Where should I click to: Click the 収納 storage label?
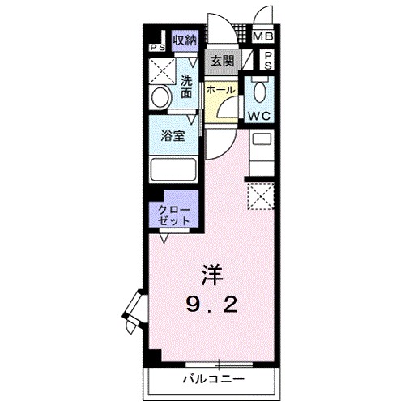click(x=185, y=39)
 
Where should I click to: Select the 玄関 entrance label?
click(x=222, y=60)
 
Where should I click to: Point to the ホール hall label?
click(x=220, y=89)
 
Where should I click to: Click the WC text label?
click(x=260, y=115)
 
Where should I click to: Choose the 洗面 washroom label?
click(x=187, y=87)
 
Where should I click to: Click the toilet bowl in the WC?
click(x=260, y=89)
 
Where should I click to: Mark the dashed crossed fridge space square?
click(x=261, y=195)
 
